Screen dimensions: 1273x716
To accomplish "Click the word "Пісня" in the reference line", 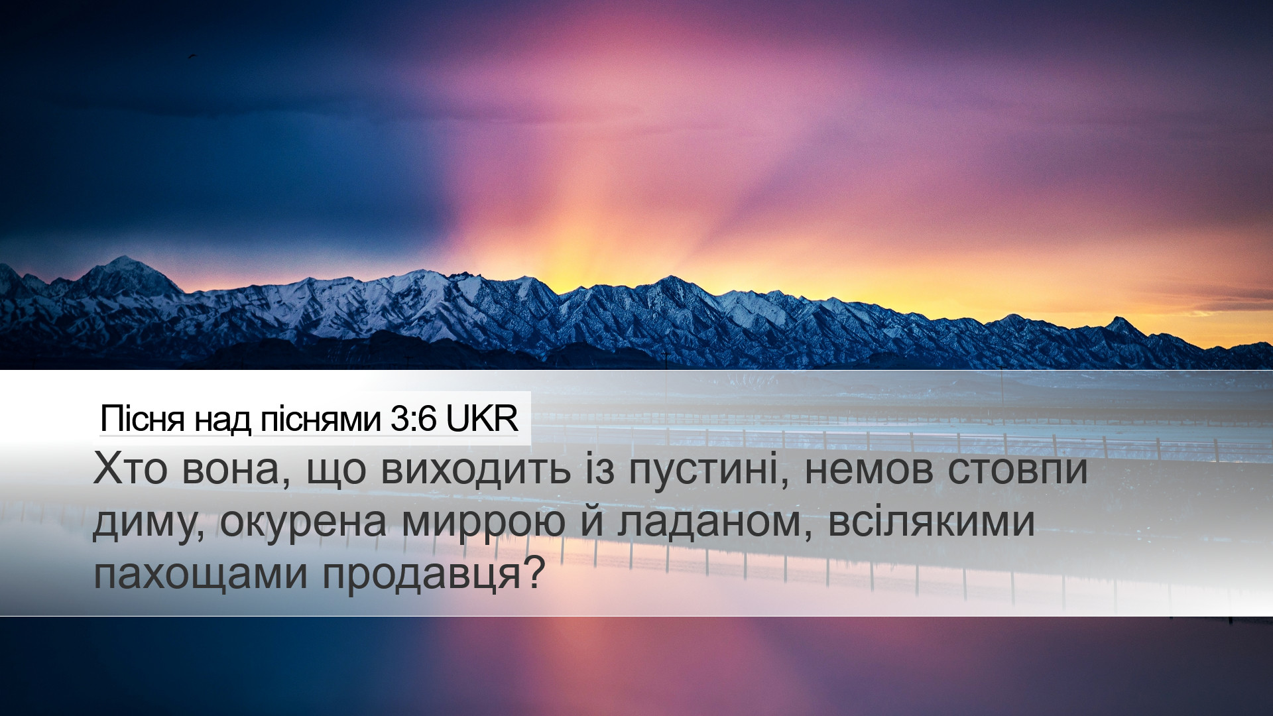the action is coord(142,419).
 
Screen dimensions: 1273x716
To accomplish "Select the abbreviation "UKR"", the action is coord(481,419).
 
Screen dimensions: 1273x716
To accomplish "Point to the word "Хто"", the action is coord(130,469).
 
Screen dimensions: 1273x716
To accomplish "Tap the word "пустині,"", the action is coord(709,471).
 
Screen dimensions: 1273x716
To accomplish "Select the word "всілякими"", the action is coord(932,521).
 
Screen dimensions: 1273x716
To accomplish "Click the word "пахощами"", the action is coord(201,575).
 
